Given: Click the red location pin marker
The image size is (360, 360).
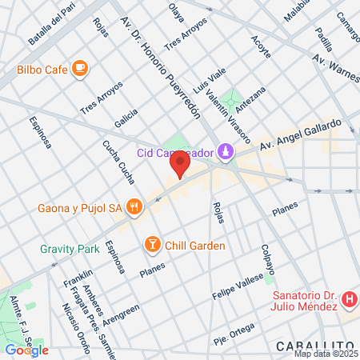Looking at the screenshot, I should [180, 165].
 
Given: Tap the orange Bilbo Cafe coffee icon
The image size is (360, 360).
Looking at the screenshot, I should [78, 69].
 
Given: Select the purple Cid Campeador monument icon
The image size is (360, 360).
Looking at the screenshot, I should [226, 151].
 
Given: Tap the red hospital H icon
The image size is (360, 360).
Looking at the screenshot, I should [349, 301].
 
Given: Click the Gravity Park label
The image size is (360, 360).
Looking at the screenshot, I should [70, 250].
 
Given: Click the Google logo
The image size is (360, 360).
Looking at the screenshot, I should [26, 350].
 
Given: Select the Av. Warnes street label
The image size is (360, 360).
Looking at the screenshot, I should [334, 61].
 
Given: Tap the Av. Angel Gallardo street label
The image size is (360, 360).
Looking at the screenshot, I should [310, 134].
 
